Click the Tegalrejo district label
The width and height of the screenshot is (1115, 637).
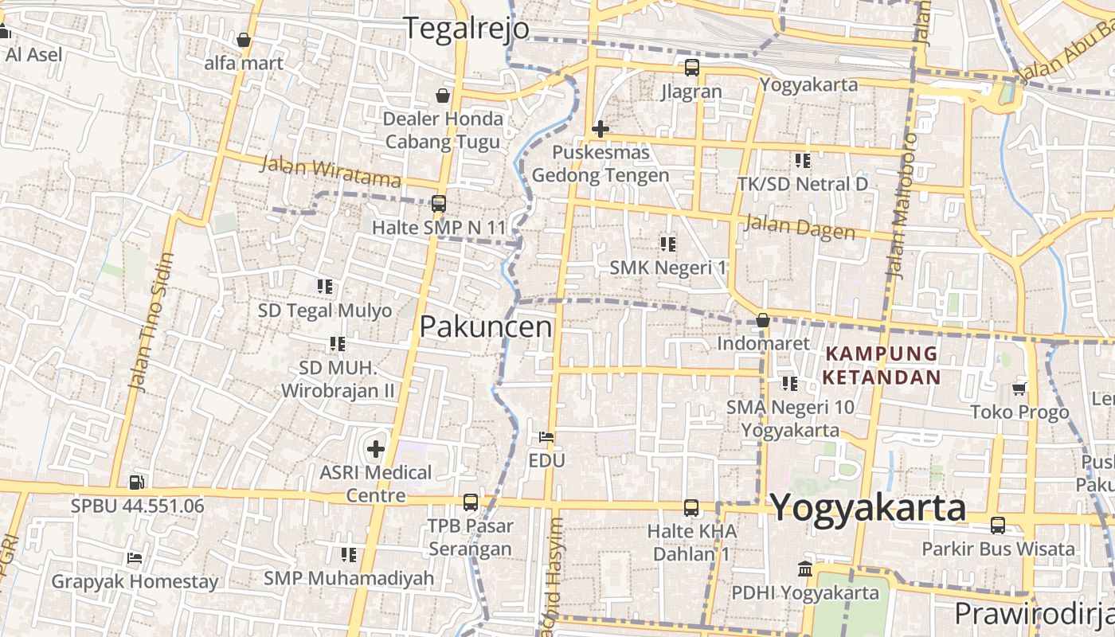point(466,29)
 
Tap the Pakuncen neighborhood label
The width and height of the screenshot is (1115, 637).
point(485,326)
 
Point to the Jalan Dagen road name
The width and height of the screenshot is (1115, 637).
point(799,227)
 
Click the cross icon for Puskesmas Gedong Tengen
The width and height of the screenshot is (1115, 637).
point(601,128)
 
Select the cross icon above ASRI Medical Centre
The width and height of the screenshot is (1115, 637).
point(376,449)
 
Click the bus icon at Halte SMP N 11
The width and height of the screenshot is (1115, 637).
point(438,203)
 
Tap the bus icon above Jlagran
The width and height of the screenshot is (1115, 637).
point(691,68)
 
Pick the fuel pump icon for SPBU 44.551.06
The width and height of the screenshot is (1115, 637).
point(137,482)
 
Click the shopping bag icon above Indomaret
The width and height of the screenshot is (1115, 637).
point(762,320)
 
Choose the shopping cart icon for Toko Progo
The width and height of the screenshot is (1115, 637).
point(1019,389)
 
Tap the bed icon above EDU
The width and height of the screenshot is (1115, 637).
point(546,437)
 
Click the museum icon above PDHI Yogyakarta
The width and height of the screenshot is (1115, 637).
point(804,569)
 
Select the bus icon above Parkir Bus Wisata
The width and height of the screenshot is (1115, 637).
point(998,526)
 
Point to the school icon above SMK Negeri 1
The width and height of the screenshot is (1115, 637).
point(668,244)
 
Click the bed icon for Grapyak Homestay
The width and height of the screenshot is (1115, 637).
point(135,557)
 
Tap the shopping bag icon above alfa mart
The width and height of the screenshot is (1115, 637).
point(244,39)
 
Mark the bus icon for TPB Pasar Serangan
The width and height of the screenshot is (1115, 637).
point(471,502)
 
